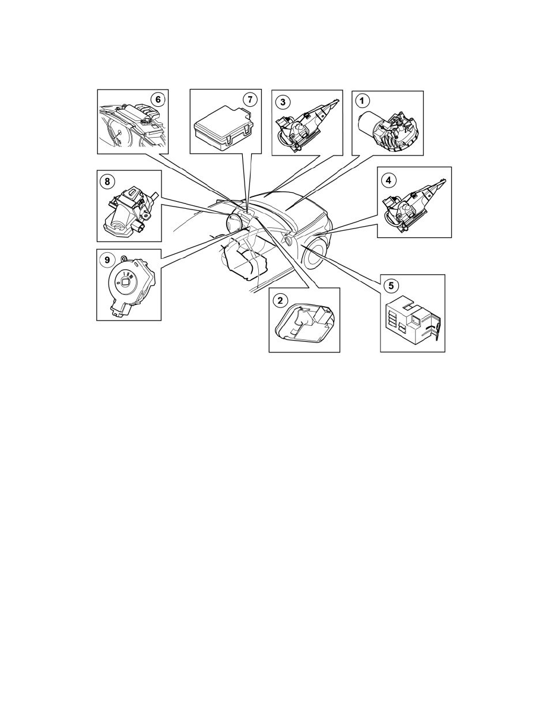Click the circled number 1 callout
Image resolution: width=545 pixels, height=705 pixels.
pos(362,101)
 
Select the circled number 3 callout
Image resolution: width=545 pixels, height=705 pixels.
pos(283,101)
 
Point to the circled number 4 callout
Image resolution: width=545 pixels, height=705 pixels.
pos(388,180)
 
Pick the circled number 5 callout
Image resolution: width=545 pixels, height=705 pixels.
pos(391,285)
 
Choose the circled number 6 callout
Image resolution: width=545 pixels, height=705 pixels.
pos(157,99)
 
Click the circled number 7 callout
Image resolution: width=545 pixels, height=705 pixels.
pos(250,99)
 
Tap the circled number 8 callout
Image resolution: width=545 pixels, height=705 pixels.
pos(107,181)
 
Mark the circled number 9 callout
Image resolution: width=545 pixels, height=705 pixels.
pos(107,260)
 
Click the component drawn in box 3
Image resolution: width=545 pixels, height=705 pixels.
pos(308,123)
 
